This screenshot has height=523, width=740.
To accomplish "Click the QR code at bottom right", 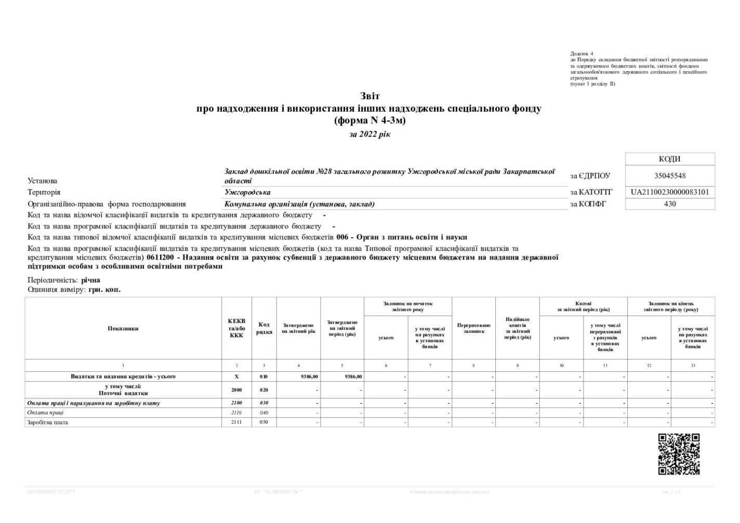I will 679,454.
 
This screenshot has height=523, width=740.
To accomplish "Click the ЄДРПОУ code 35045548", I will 670,176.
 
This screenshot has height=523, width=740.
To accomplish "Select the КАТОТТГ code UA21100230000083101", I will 670,192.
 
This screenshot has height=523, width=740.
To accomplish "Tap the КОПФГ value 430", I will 670,204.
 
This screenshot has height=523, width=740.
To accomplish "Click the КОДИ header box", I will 670,159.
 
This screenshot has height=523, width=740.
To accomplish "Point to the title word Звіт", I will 370,96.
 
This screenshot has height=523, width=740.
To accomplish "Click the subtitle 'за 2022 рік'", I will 369,135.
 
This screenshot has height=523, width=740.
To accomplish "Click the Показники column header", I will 123,328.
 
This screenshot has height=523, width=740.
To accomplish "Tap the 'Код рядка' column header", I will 264,328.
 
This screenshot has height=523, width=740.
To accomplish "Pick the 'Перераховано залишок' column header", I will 473,328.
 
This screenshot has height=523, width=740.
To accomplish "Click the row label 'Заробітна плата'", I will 47,423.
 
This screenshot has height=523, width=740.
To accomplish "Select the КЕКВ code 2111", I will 236,423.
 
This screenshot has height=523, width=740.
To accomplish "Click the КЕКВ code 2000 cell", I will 236,390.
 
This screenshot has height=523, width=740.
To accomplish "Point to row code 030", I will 264,404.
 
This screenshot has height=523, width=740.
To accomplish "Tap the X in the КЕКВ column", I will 236,377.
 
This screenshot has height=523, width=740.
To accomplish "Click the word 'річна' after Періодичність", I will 90,280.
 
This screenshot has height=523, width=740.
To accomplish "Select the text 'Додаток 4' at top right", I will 582,53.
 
